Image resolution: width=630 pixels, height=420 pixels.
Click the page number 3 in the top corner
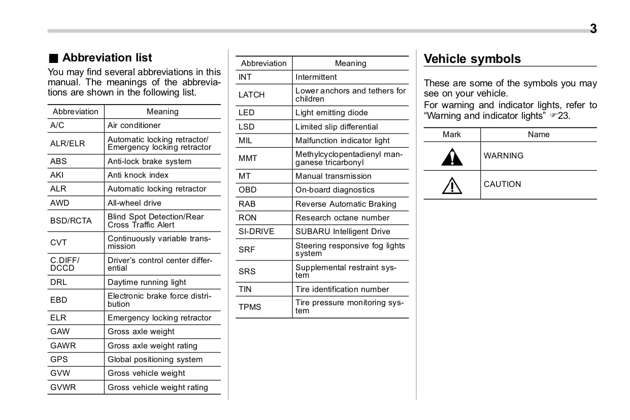593,29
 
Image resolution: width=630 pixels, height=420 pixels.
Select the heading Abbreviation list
107,58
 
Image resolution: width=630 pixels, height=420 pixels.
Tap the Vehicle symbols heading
472,59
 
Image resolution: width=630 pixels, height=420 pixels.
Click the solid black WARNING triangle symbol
451,156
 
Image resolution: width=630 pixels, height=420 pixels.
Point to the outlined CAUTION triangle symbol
451,185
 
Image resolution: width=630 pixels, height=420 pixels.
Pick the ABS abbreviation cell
58,161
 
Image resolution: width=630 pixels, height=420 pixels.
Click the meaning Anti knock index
138,175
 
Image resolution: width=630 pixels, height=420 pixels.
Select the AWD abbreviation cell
60,203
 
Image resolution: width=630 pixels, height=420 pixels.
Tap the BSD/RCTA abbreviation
71,221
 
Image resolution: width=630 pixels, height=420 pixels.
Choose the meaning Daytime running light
147,282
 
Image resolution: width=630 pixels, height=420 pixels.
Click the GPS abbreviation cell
59,360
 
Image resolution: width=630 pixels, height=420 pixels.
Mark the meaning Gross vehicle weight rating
158,387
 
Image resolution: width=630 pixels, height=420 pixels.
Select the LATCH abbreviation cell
252,95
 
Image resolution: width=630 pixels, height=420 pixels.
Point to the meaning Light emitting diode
331,113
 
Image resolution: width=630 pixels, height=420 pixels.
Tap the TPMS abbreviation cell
250,307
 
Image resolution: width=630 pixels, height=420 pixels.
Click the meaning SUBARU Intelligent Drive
343,232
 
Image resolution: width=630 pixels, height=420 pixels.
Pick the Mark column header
452,135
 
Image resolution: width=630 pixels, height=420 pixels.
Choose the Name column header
539,135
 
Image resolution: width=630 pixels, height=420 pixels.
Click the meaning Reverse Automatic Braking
346,204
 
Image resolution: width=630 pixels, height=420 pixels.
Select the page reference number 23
564,116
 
